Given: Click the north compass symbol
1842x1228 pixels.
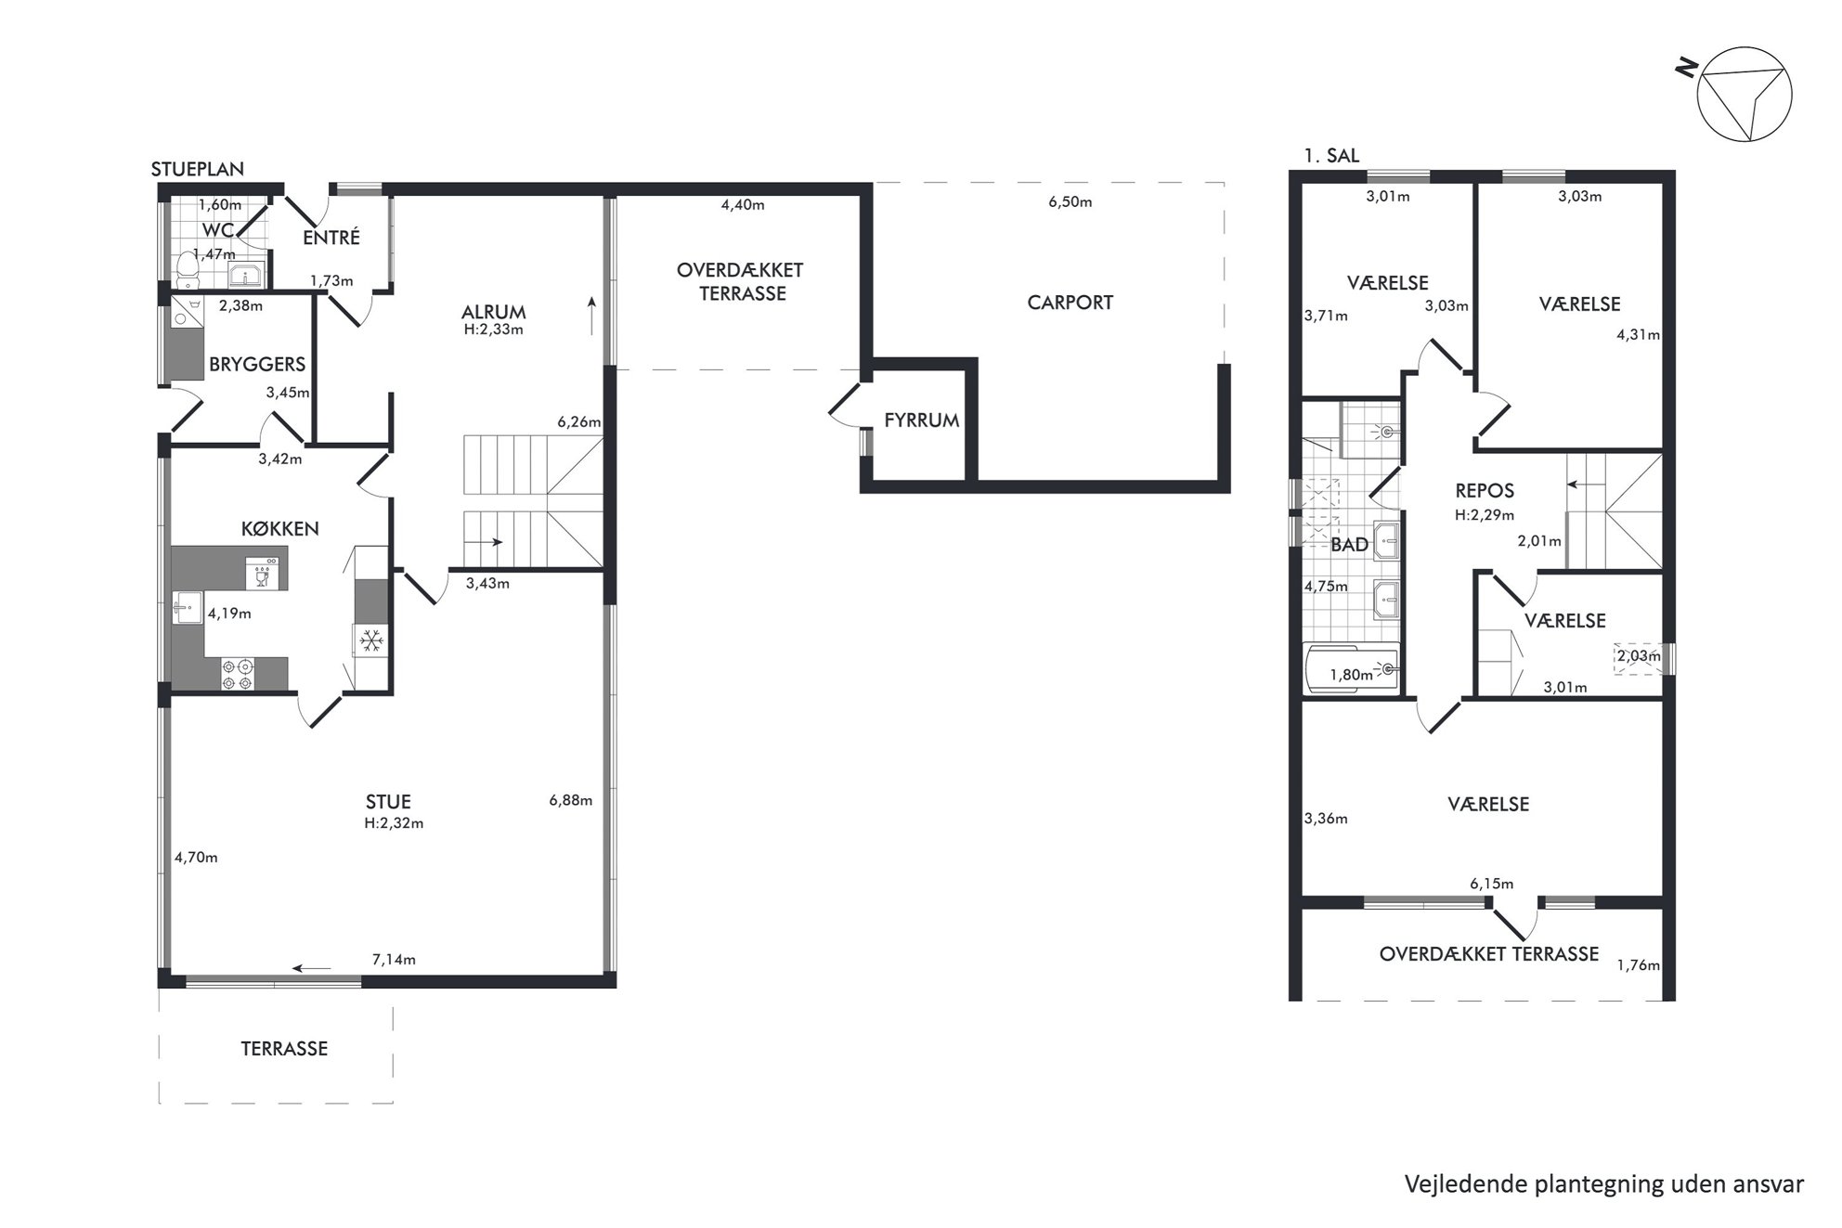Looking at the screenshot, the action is tap(1744, 95).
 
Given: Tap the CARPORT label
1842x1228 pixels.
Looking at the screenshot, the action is tap(1070, 303).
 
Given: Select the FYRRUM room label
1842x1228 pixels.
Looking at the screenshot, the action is tap(921, 420).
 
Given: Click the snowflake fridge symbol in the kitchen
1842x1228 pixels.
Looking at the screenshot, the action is tap(372, 640).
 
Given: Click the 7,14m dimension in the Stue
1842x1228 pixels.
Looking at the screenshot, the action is tap(394, 960).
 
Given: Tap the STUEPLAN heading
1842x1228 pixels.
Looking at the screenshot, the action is tap(198, 169).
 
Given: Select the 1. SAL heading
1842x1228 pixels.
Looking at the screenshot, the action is tap(1331, 156).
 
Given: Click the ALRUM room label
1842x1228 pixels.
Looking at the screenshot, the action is tap(493, 312).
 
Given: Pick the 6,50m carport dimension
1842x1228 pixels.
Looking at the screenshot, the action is tap(1070, 202).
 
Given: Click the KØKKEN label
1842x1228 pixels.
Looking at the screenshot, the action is tap(279, 529).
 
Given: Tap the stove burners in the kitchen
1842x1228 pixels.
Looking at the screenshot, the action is tap(237, 674).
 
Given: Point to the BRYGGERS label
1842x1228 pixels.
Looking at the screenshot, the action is tap(257, 365).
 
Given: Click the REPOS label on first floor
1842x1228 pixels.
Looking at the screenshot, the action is tap(1485, 492).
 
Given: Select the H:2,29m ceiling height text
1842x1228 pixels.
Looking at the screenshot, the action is tap(1485, 515).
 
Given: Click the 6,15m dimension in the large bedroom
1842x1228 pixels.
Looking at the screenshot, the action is tap(1491, 884).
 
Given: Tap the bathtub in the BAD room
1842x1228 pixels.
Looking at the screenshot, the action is tap(1351, 668).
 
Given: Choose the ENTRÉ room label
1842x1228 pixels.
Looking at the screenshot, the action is tap(331, 238).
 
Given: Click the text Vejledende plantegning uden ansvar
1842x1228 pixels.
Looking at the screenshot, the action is tap(1604, 1184).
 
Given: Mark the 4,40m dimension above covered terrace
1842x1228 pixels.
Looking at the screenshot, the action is tap(743, 205).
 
